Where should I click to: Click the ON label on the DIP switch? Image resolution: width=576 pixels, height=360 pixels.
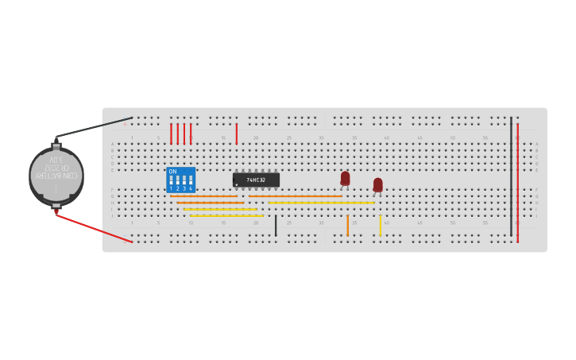coord(172,172)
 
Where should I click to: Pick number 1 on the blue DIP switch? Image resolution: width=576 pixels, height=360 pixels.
coord(171,188)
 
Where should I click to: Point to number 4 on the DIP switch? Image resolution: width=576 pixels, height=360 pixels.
coord(190,188)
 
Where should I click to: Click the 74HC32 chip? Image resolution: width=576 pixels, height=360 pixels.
coord(256,180)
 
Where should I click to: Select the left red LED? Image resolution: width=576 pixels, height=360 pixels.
coord(345,178)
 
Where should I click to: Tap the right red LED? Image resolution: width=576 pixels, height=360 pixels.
coord(378,184)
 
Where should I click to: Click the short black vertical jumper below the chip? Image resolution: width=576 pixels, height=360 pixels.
coord(276,225)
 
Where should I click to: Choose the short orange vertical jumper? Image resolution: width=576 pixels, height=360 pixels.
coord(347,225)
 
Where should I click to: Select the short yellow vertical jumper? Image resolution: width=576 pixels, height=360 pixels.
coord(380,225)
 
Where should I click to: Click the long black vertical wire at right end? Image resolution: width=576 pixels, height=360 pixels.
coord(511,176)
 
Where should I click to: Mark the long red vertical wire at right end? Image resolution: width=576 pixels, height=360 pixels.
coord(517,183)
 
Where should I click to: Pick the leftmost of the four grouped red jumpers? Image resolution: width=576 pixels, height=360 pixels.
coord(171,134)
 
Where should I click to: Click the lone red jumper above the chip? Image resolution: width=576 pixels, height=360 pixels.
coord(236,134)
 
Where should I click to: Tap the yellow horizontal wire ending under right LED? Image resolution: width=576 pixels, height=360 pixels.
coord(321,203)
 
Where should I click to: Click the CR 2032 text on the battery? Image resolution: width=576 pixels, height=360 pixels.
coord(57,168)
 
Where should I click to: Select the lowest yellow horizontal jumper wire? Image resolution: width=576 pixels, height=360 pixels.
coord(226,215)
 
